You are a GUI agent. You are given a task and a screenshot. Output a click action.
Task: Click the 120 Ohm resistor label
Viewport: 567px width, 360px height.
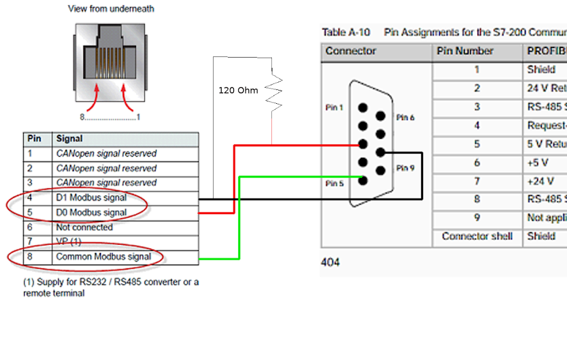click(238, 91)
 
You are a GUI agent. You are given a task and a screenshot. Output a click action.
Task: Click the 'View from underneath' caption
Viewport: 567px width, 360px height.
click(111, 9)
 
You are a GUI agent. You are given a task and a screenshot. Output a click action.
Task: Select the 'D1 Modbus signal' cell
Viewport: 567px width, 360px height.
click(91, 197)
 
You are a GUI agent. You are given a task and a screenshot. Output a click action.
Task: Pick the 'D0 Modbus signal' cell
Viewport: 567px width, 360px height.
click(91, 212)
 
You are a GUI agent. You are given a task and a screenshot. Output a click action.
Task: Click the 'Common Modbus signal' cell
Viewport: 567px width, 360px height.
click(103, 257)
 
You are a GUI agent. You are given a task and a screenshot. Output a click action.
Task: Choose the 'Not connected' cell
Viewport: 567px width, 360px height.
click(85, 227)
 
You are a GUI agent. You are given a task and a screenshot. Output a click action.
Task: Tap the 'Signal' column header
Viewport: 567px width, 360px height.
click(70, 139)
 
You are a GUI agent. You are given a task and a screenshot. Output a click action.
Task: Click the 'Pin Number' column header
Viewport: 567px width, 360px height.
click(465, 51)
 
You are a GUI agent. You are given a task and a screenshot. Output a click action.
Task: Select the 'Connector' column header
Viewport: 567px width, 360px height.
click(351, 51)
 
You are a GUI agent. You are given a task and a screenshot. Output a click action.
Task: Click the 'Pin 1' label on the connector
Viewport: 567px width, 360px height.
click(335, 107)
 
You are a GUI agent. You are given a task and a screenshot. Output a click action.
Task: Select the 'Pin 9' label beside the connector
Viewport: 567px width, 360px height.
click(405, 168)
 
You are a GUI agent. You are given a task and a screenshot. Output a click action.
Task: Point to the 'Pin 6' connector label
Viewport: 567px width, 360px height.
click(405, 118)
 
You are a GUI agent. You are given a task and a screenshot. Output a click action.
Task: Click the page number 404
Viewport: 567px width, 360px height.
click(330, 262)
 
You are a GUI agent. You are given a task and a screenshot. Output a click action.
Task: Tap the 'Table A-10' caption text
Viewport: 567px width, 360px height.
click(346, 32)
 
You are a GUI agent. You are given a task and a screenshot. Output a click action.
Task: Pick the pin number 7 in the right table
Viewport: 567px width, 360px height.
click(477, 181)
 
